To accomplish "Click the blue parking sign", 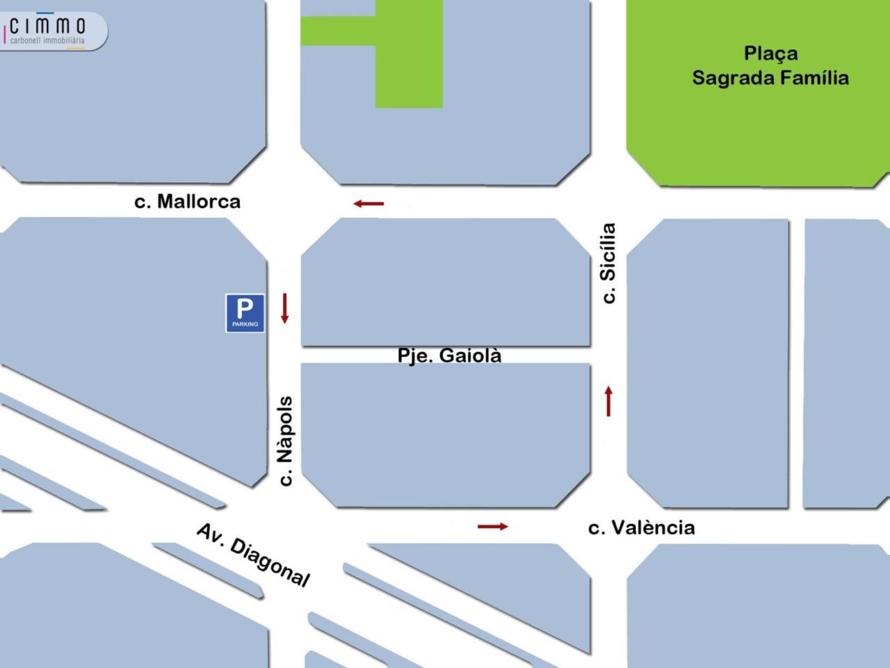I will tap(245, 312).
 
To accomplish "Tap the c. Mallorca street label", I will tap(187, 202).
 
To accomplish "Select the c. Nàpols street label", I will tap(285, 440).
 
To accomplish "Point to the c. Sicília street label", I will tap(608, 262).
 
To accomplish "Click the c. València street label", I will tap(641, 527).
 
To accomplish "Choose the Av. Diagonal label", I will tap(253, 555).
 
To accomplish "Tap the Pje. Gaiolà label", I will tap(449, 355).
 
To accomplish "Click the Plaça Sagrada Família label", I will tap(770, 65).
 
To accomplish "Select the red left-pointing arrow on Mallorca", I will tap(369, 204).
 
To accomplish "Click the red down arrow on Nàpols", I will tap(284, 308).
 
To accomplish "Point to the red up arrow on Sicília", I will tap(608, 401).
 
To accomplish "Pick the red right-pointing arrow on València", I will tap(493, 527).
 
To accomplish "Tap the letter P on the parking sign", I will tap(245, 307).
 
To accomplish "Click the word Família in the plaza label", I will tap(814, 77).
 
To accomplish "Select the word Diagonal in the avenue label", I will tap(270, 564).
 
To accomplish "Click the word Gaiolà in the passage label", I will tap(471, 355).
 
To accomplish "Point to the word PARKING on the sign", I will tap(245, 324).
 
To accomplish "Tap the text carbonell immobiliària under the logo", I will tap(47, 41).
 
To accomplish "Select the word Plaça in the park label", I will tap(770, 53).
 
